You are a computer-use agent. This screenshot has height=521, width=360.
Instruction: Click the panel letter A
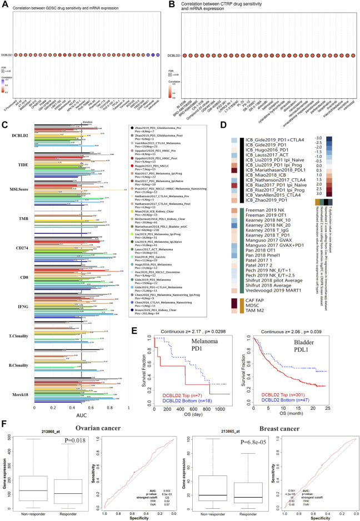click(x=6, y=4)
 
